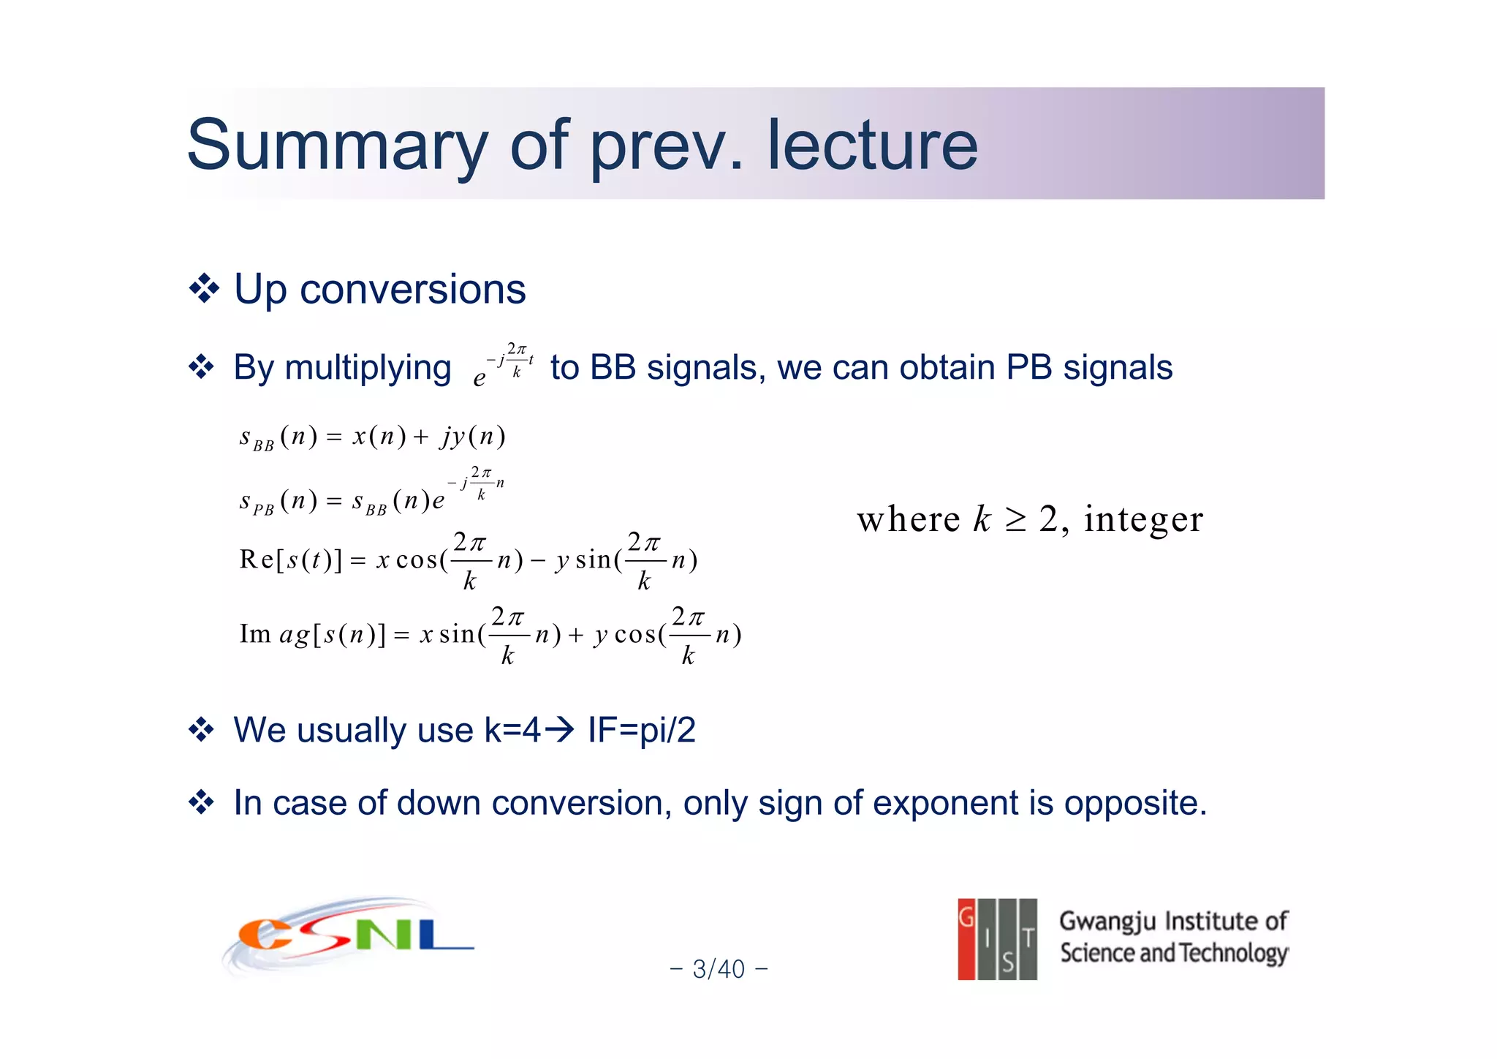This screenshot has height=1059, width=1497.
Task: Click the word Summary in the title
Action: [336, 146]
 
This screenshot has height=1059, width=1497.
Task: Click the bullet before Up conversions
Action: [204, 289]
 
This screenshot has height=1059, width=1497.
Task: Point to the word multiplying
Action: [368, 368]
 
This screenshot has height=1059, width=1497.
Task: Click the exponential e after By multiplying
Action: [480, 377]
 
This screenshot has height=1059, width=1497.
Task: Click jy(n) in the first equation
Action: [473, 437]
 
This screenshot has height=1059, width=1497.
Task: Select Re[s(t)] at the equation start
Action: [290, 560]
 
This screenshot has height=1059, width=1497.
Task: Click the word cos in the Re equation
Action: [417, 560]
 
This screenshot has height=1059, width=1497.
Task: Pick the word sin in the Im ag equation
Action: [457, 635]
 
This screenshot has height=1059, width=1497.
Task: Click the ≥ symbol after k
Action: [1015, 520]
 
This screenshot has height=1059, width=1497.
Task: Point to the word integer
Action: [1143, 519]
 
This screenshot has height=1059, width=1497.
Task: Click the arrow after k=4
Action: [561, 729]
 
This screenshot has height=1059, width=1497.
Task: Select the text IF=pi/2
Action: [642, 730]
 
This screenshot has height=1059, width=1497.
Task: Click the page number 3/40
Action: [719, 969]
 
